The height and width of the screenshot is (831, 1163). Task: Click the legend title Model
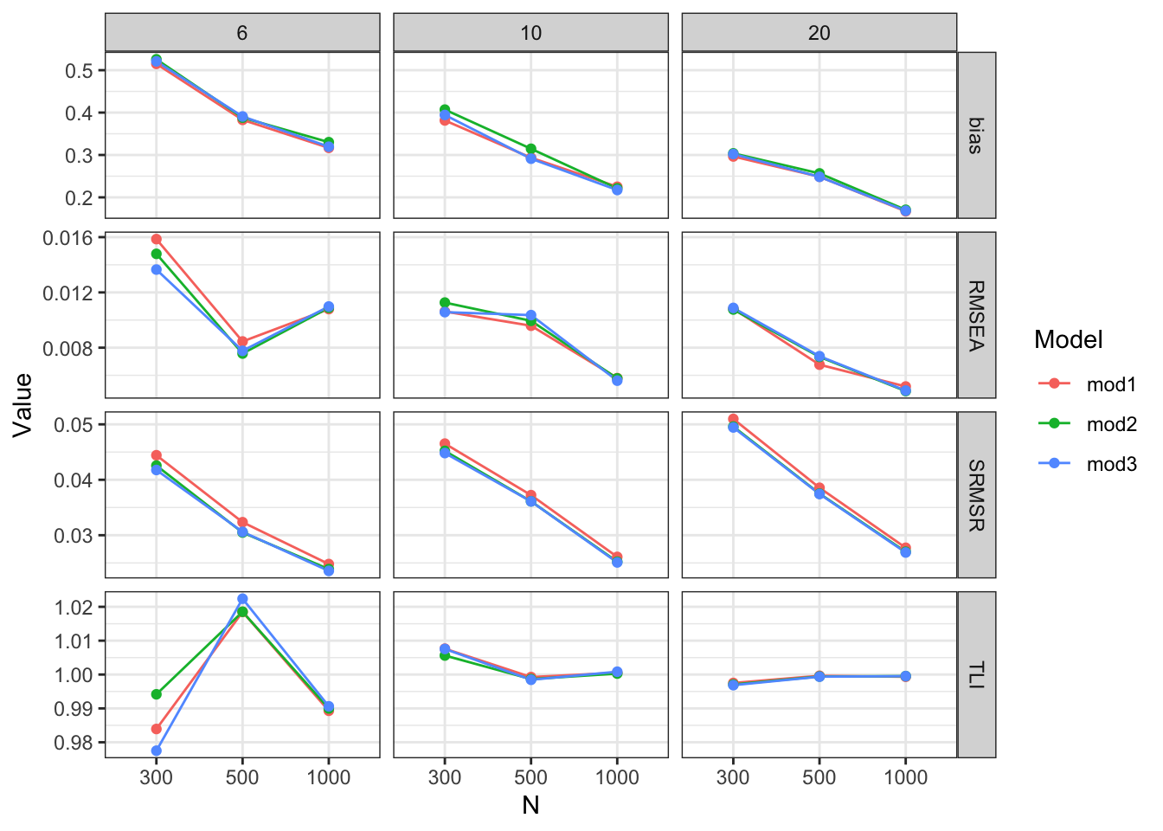1068,339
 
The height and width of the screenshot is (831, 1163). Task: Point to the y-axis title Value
23,404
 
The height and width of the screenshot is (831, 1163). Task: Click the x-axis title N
530,806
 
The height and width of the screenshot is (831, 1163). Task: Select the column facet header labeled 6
242,33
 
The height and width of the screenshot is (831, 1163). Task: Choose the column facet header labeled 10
530,33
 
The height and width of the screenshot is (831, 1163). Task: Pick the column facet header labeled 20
819,33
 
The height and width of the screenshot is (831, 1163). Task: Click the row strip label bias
976,135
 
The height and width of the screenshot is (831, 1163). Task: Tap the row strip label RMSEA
976,315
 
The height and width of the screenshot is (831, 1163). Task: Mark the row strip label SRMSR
976,495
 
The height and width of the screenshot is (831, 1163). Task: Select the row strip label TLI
976,675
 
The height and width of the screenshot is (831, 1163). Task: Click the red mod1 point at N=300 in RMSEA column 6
157,239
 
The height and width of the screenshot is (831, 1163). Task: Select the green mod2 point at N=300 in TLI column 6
157,694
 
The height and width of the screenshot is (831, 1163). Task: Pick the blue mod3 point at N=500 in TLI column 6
242,599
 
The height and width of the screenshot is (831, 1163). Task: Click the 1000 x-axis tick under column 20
905,777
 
